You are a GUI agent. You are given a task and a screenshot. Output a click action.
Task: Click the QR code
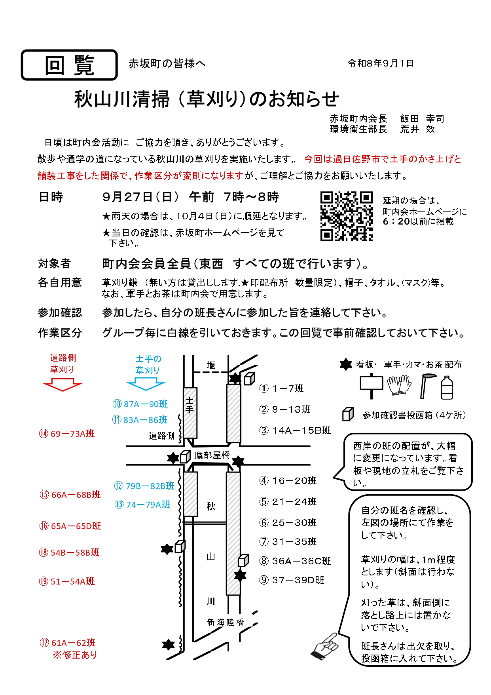pos(347,216)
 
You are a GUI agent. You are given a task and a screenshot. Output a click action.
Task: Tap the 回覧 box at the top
pos(69,65)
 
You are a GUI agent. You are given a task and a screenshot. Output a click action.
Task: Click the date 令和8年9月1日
pos(381,63)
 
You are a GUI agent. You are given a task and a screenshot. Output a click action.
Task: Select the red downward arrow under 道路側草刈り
pos(63,385)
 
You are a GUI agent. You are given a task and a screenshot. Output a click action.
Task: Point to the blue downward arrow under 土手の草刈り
pos(146,384)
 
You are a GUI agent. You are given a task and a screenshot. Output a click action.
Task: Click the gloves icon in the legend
pos(399,385)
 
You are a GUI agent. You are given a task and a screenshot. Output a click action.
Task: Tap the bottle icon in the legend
pos(447,387)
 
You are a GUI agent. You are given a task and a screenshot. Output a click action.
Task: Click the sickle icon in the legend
pos(427,386)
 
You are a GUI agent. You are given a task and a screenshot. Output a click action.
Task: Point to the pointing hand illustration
pos(326,646)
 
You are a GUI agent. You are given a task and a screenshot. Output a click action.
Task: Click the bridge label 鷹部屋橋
pos(212,455)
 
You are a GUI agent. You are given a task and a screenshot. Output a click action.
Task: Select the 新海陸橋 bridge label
pos(226,623)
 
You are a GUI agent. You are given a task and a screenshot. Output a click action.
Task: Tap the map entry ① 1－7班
pos(281,388)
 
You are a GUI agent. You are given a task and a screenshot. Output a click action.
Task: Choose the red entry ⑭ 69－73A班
pos(67,434)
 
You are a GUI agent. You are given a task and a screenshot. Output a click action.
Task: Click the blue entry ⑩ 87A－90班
pos(140,404)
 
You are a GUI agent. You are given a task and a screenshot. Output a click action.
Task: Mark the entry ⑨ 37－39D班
pos(292,580)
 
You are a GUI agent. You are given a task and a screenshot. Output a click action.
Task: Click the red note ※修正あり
pos(75,655)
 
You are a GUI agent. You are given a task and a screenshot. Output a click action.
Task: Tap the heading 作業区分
pos(60,333)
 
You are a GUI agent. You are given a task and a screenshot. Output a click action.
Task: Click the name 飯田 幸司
pos(422,119)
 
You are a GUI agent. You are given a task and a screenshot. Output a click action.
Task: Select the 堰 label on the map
pos(211,365)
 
